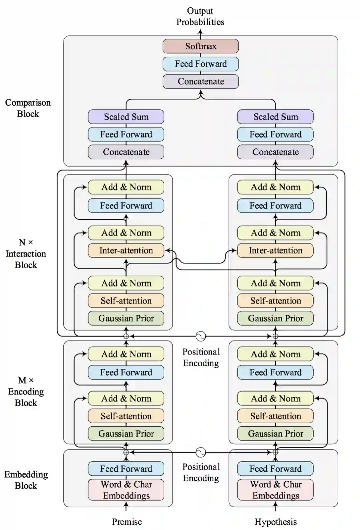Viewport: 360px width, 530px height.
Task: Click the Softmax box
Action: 201,46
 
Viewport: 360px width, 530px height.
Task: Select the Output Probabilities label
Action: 200,16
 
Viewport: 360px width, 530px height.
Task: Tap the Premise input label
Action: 127,521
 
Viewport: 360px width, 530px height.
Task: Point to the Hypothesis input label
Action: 276,522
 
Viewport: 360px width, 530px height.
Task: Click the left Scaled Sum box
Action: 126,117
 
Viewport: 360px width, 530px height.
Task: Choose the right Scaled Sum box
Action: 275,117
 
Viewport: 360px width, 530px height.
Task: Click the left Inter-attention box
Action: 126,250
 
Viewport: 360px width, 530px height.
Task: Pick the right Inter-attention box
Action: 275,250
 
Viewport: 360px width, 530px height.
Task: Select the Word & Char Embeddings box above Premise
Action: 126,490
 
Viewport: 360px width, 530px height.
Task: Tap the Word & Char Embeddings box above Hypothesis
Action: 275,490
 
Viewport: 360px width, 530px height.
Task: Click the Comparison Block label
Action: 28,108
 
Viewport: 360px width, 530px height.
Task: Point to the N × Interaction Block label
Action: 26,253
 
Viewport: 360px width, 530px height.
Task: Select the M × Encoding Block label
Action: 26,392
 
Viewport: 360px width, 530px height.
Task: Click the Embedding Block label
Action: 26,480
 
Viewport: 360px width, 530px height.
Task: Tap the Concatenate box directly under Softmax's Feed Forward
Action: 201,81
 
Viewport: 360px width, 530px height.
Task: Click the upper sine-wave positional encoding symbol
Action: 201,336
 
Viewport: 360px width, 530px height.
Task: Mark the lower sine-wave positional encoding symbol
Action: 201,452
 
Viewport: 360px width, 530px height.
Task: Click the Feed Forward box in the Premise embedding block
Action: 126,469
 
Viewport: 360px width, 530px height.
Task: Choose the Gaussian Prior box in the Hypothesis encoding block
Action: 275,434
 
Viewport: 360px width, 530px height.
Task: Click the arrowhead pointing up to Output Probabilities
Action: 201,31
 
